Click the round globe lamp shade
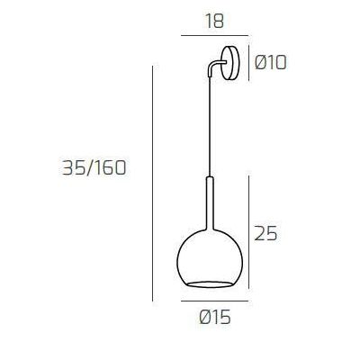(x=213, y=261)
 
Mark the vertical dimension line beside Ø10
(x=249, y=63)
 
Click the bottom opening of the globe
(x=213, y=283)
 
